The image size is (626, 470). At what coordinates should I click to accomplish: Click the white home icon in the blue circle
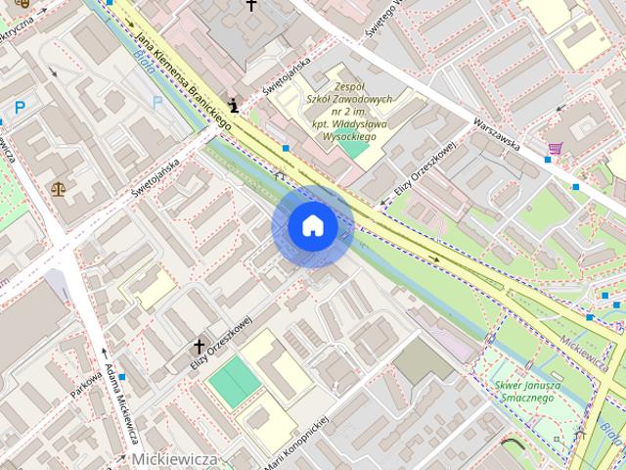tap(312, 226)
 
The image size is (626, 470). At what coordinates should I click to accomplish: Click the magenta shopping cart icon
tap(556, 149)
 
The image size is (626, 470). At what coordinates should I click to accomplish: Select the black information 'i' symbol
tap(233, 105)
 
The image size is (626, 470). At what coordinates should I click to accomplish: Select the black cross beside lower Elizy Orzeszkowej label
tap(200, 347)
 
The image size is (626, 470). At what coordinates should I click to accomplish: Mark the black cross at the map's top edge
tap(251, 6)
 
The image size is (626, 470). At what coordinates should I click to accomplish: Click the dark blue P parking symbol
tap(19, 108)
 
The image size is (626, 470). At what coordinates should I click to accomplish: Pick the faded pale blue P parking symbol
tap(156, 101)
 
